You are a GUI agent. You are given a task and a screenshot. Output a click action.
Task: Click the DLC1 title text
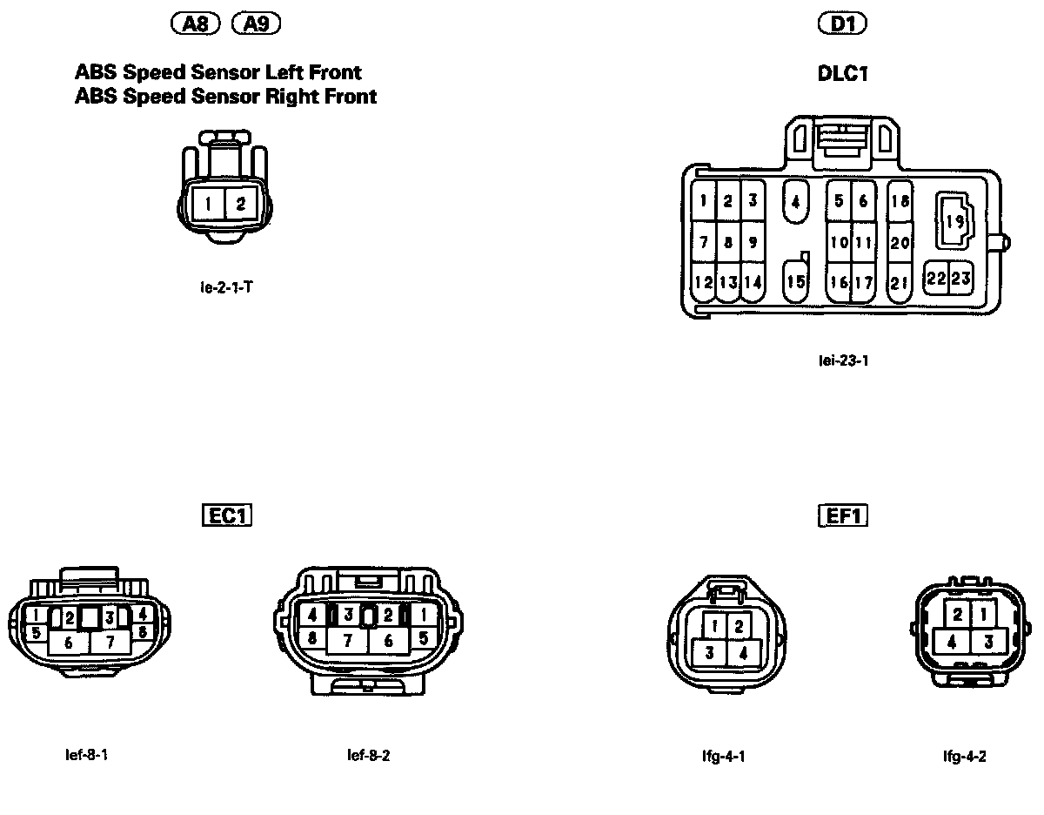pyautogui.click(x=843, y=74)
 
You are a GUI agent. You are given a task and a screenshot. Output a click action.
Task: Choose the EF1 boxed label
pyautogui.click(x=844, y=515)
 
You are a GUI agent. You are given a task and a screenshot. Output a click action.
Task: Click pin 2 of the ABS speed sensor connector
pyautogui.click(x=241, y=205)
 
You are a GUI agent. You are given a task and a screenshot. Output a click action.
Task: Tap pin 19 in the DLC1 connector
pyautogui.click(x=954, y=222)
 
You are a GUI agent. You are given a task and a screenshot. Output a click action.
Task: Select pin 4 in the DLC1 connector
pyautogui.click(x=795, y=201)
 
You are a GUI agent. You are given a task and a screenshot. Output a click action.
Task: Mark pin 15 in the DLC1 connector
pyautogui.click(x=795, y=281)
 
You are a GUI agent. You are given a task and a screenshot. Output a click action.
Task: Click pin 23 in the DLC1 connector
pyautogui.click(x=960, y=278)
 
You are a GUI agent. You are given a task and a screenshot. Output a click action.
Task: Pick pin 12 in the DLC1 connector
pyautogui.click(x=704, y=282)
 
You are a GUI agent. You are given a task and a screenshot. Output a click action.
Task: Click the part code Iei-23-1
pyautogui.click(x=843, y=360)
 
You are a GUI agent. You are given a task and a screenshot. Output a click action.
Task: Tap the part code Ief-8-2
pyautogui.click(x=368, y=755)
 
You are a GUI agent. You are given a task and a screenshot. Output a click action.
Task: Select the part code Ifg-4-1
pyautogui.click(x=724, y=756)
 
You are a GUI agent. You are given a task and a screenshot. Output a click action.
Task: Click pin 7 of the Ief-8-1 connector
pyautogui.click(x=110, y=643)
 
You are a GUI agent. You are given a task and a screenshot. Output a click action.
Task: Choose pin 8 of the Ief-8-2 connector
pyautogui.click(x=311, y=637)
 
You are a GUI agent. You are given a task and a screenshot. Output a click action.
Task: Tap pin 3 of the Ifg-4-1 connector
pyautogui.click(x=710, y=652)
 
